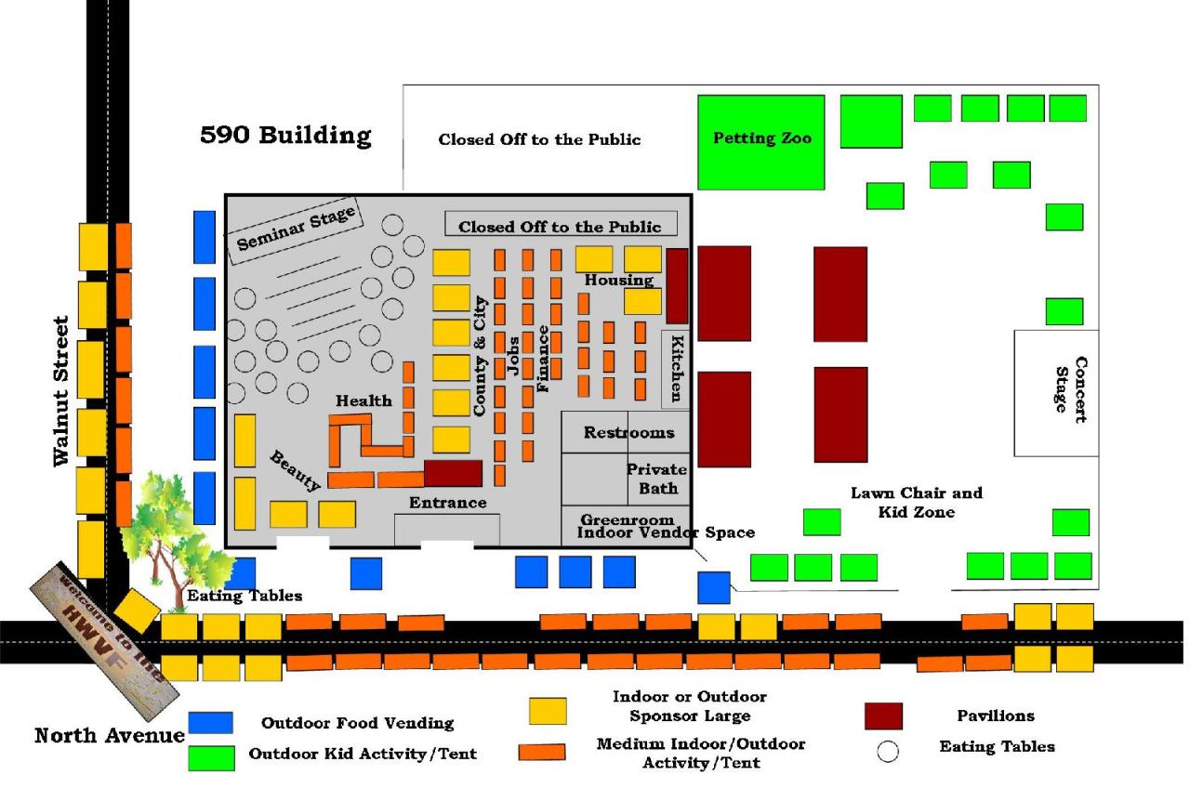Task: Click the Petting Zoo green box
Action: (761, 141)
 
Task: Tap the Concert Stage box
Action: (1056, 393)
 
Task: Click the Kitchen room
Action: (676, 368)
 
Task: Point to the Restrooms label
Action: (628, 433)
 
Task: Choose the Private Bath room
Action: (657, 479)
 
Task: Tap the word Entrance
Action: (448, 503)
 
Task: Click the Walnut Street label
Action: (61, 390)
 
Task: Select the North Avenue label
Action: (110, 736)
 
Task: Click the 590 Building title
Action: (285, 136)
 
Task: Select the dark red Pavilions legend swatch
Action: (883, 716)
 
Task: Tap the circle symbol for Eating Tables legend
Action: (888, 752)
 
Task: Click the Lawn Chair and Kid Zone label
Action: (916, 502)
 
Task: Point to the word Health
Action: (364, 401)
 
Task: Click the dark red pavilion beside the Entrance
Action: (453, 473)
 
